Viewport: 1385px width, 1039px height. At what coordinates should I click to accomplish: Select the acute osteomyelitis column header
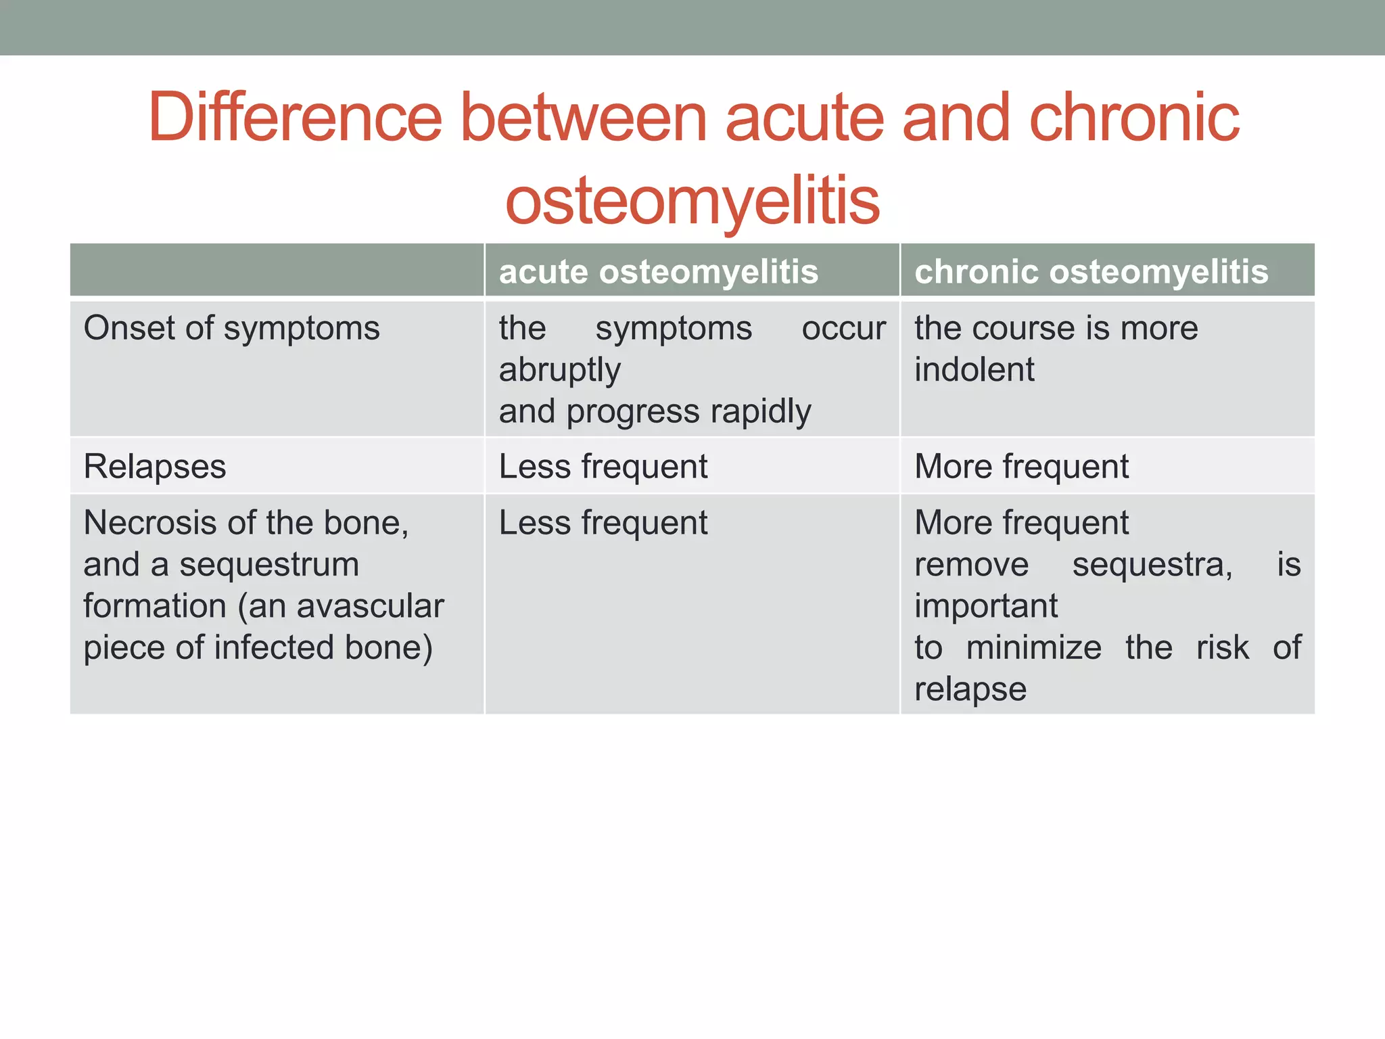click(658, 272)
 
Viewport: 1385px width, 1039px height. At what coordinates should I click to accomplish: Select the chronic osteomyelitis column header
click(1091, 272)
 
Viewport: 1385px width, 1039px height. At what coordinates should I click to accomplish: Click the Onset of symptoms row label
click(231, 329)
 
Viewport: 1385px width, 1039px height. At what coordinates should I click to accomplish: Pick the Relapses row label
click(155, 467)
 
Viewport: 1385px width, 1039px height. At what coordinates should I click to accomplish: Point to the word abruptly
click(559, 371)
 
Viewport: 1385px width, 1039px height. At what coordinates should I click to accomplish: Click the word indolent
click(974, 370)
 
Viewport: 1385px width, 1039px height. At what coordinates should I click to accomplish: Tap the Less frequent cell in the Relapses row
click(603, 467)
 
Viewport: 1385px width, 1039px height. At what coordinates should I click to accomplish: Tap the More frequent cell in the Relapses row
click(1021, 467)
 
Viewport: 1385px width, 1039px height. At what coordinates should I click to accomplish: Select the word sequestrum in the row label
click(268, 565)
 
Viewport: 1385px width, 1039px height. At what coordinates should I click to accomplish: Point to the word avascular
click(370, 606)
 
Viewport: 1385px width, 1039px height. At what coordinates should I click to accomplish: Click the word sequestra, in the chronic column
click(1152, 565)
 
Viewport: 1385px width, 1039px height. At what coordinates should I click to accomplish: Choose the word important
click(986, 606)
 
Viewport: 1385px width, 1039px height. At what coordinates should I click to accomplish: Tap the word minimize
click(1033, 648)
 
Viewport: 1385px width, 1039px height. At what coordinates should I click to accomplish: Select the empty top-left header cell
click(277, 271)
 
